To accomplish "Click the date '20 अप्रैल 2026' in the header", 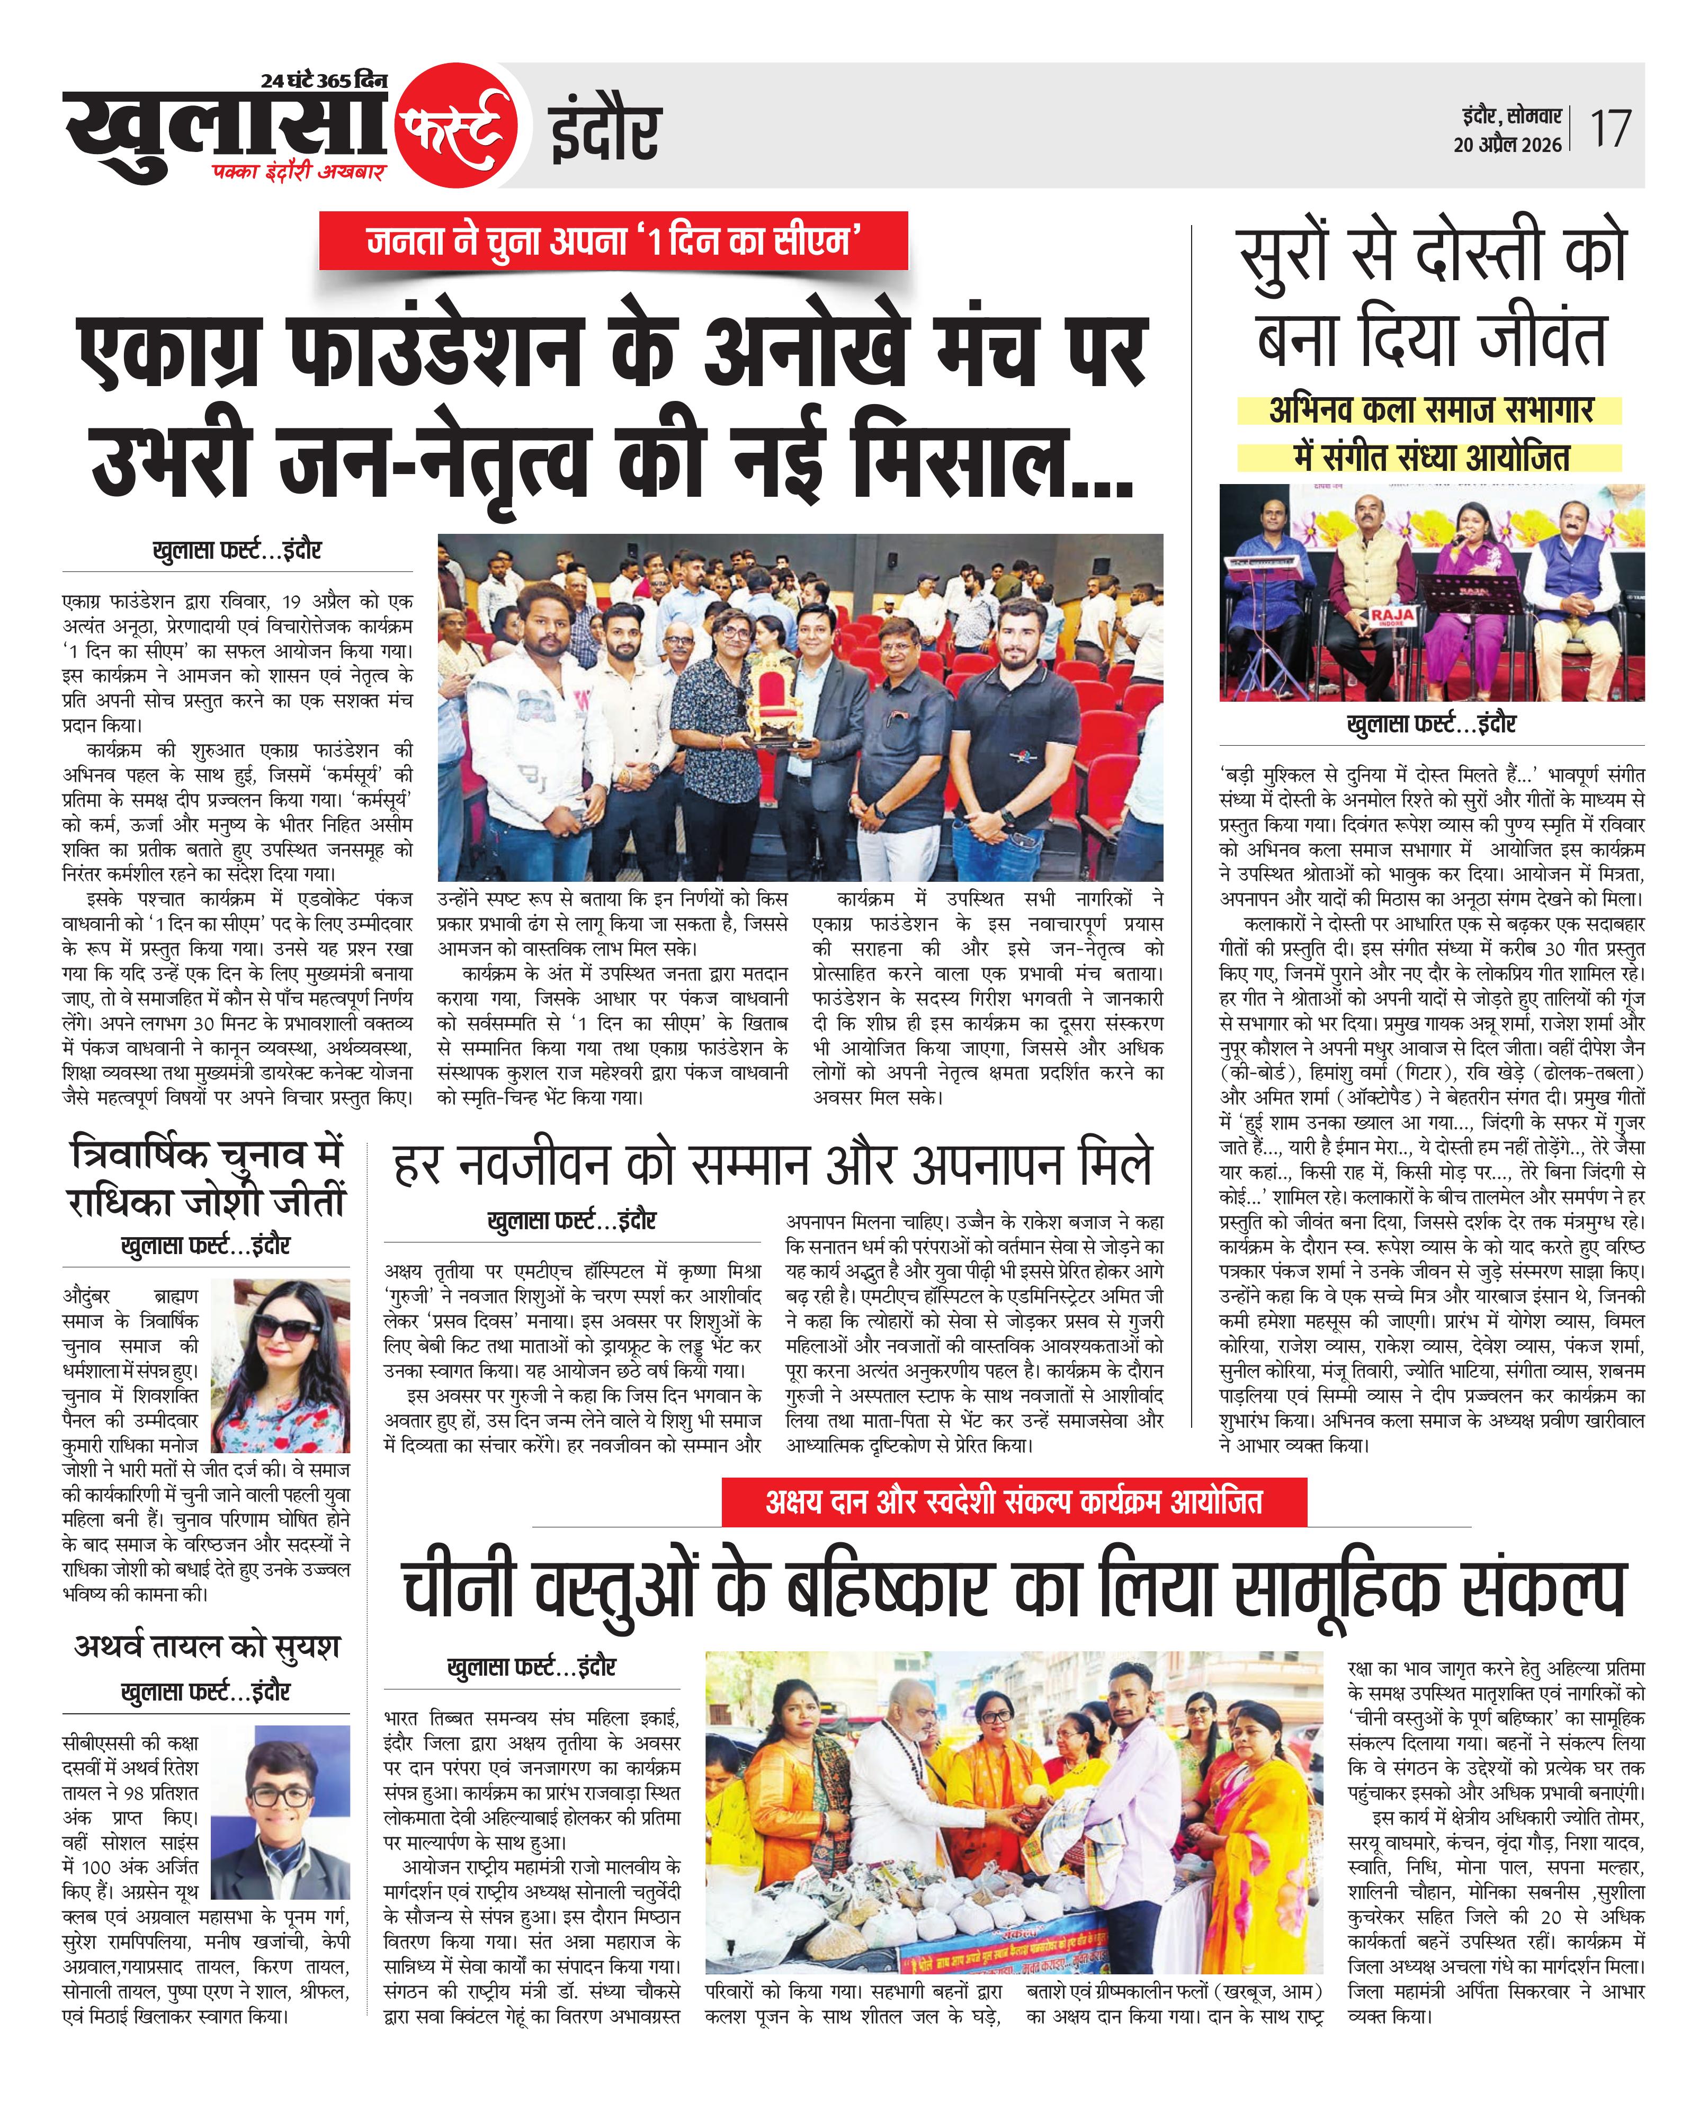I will click(x=1507, y=145).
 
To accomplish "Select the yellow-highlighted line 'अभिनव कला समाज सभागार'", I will click(x=1429, y=409).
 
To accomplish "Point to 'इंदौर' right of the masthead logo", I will click(x=603, y=133).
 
